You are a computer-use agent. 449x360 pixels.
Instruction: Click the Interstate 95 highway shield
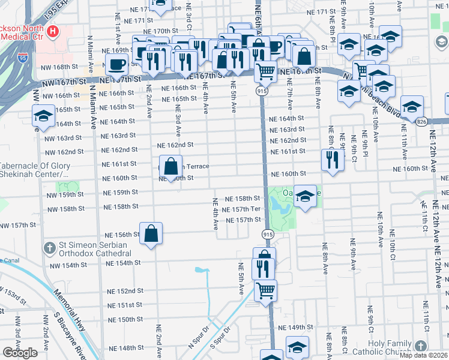23,58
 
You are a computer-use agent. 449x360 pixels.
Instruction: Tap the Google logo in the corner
20,353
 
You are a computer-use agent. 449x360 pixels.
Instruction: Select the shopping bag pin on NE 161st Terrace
171,165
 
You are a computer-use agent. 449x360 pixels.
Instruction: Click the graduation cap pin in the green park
305,196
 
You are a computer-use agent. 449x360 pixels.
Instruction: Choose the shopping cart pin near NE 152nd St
265,290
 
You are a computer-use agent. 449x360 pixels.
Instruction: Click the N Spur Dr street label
197,338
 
